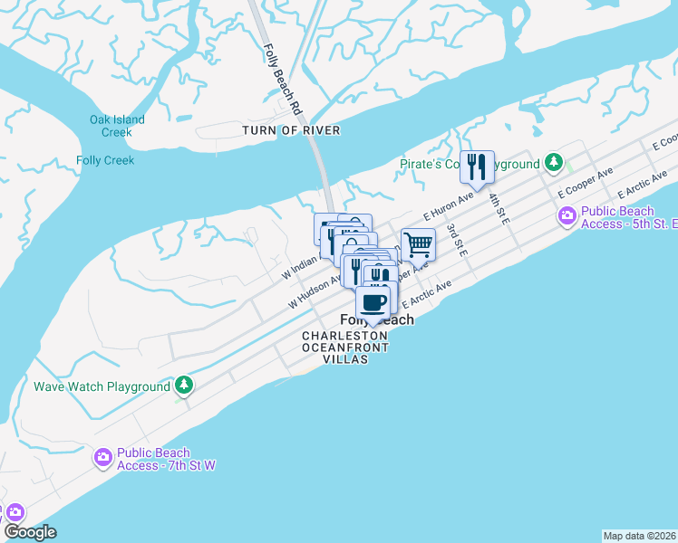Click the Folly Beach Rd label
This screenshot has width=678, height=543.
pyautogui.click(x=282, y=79)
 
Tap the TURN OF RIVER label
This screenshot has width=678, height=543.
pyautogui.click(x=291, y=130)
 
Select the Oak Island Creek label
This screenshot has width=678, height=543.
pyautogui.click(x=117, y=126)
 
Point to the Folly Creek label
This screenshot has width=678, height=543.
pyautogui.click(x=105, y=160)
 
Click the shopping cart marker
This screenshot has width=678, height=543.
pyautogui.click(x=418, y=243)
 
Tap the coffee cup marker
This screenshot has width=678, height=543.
pyautogui.click(x=373, y=302)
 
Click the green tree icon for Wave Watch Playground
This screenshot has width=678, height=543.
pyautogui.click(x=184, y=386)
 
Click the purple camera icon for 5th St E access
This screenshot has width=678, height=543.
pyautogui.click(x=567, y=217)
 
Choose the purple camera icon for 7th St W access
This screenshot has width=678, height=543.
pyautogui.click(x=103, y=458)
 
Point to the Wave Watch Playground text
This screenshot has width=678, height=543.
pyautogui.click(x=102, y=386)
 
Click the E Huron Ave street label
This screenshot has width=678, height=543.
pyautogui.click(x=449, y=205)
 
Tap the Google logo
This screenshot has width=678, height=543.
pyautogui.click(x=30, y=532)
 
